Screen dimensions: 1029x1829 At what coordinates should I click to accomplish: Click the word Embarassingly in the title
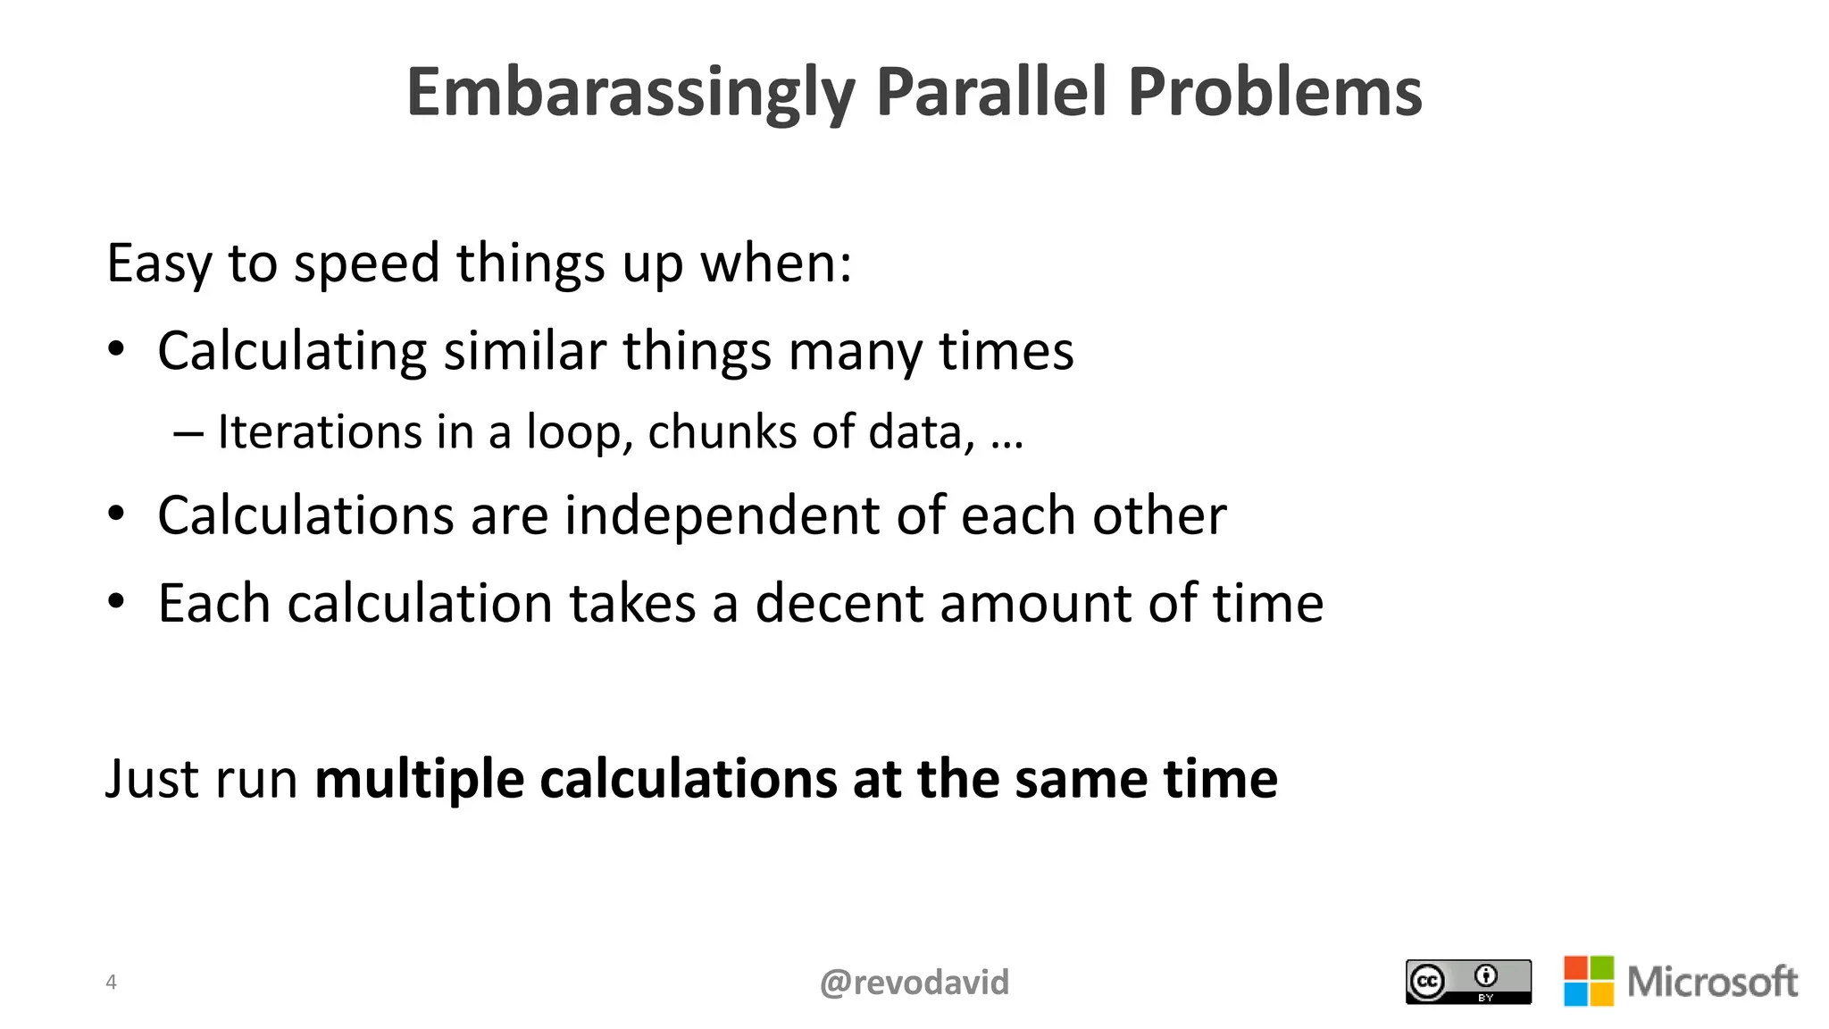click(x=631, y=93)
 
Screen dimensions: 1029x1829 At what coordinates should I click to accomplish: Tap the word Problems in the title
click(x=1274, y=93)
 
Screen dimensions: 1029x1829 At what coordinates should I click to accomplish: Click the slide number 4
click(x=111, y=983)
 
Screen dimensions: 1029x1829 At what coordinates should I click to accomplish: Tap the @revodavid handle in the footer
click(x=914, y=983)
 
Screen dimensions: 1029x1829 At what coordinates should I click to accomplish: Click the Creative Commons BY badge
click(x=1468, y=982)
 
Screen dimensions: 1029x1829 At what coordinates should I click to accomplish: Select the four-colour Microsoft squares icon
click(x=1589, y=981)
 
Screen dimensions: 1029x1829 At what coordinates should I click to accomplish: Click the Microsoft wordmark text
click(x=1712, y=982)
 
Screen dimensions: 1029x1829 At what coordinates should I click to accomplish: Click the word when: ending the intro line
click(x=776, y=264)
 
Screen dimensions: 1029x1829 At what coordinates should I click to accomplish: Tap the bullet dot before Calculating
click(x=116, y=350)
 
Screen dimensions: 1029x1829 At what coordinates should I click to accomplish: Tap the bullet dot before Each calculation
click(x=116, y=602)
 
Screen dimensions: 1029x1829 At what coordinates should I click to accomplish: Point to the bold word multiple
click(x=419, y=779)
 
